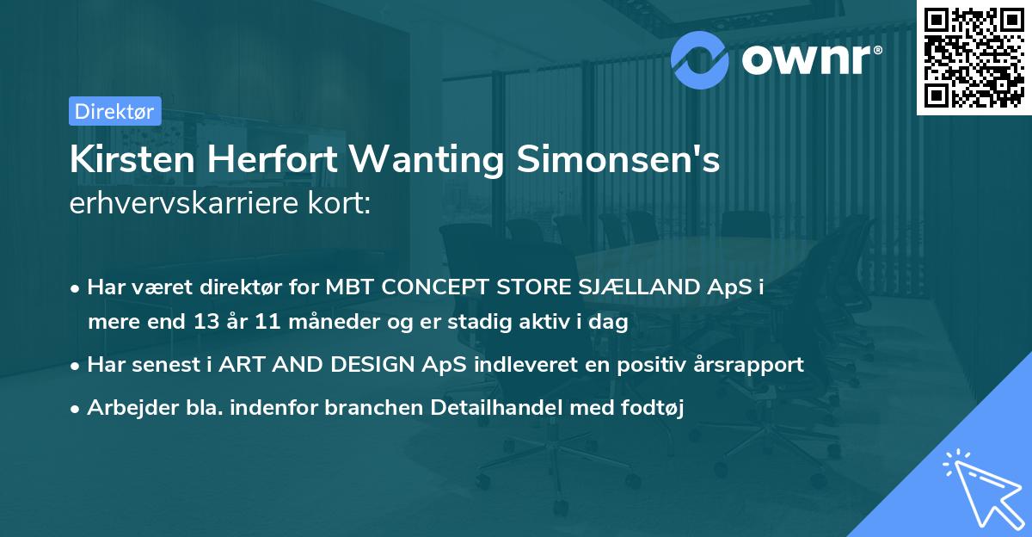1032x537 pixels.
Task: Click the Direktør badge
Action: point(114,110)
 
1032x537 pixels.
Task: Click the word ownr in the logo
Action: point(809,58)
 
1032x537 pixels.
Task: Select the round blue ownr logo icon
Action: point(700,58)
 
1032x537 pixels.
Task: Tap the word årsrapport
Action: point(751,364)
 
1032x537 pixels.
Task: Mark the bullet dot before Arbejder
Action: point(77,410)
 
